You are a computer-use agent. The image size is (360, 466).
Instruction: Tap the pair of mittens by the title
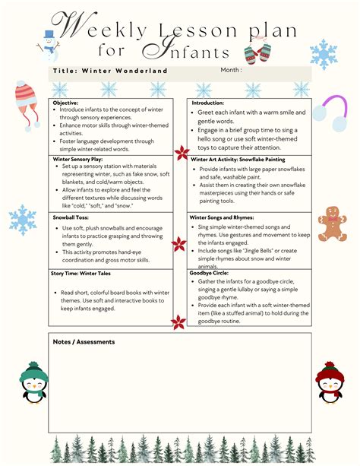pos(257,52)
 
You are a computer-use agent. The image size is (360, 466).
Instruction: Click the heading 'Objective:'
pos(66,102)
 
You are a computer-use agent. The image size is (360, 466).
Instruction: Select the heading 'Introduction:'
pos(207,102)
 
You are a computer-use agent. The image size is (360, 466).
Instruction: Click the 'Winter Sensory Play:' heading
pos(79,159)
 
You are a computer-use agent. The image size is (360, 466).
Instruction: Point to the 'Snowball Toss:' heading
pos(71,217)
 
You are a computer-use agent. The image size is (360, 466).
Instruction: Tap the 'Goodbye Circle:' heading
pos(212,272)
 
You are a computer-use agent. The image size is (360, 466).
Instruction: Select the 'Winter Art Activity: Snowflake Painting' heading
pos(239,159)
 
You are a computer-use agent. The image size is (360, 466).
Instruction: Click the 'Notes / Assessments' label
pos(84,341)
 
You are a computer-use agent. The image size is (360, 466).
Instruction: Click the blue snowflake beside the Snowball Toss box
pos(24,220)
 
